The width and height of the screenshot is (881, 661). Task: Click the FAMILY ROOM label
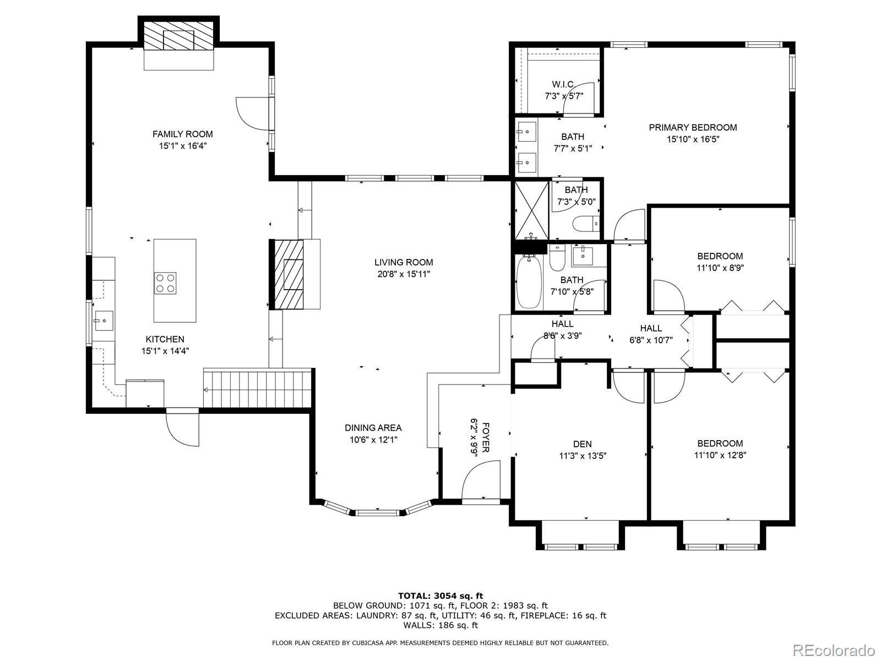[183, 134]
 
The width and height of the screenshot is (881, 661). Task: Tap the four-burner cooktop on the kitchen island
[165, 283]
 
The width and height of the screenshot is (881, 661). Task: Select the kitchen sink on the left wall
[104, 321]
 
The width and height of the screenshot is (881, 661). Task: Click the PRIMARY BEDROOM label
[693, 128]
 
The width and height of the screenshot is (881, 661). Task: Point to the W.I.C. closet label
[563, 84]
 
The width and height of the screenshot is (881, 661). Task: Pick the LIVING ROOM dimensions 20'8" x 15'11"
[404, 274]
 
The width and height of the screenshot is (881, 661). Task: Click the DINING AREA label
[373, 428]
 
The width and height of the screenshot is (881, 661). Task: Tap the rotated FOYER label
[485, 437]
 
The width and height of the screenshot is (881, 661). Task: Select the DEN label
[583, 444]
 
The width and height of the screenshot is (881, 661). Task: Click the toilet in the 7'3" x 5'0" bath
[586, 224]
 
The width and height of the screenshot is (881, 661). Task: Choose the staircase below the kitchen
[257, 389]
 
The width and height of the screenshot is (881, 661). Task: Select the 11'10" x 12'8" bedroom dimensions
[720, 456]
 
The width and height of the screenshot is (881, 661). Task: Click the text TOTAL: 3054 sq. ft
[440, 595]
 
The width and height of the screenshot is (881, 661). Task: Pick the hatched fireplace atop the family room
[178, 35]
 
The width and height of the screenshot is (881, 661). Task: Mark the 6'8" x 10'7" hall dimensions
[651, 340]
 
